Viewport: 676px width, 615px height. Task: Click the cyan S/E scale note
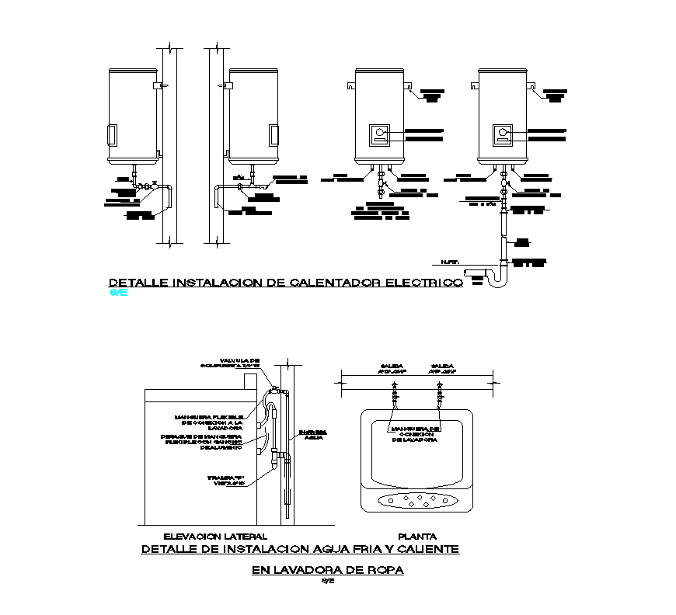[x=119, y=294]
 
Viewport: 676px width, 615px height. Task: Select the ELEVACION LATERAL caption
[x=215, y=536]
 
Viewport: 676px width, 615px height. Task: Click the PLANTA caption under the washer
[x=416, y=536]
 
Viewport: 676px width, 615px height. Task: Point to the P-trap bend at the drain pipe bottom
[x=497, y=280]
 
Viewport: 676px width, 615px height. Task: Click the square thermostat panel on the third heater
[x=380, y=134]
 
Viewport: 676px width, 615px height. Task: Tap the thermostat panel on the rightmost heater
[x=503, y=134]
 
